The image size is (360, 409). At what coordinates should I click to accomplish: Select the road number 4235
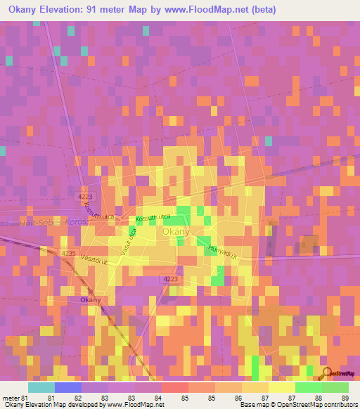click(68, 252)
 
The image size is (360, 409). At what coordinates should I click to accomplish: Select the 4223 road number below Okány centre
click(170, 279)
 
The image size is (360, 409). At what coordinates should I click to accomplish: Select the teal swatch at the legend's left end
click(41, 387)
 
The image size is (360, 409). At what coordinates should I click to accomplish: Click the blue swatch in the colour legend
click(67, 387)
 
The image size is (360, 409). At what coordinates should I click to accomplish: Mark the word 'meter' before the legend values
click(10, 398)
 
